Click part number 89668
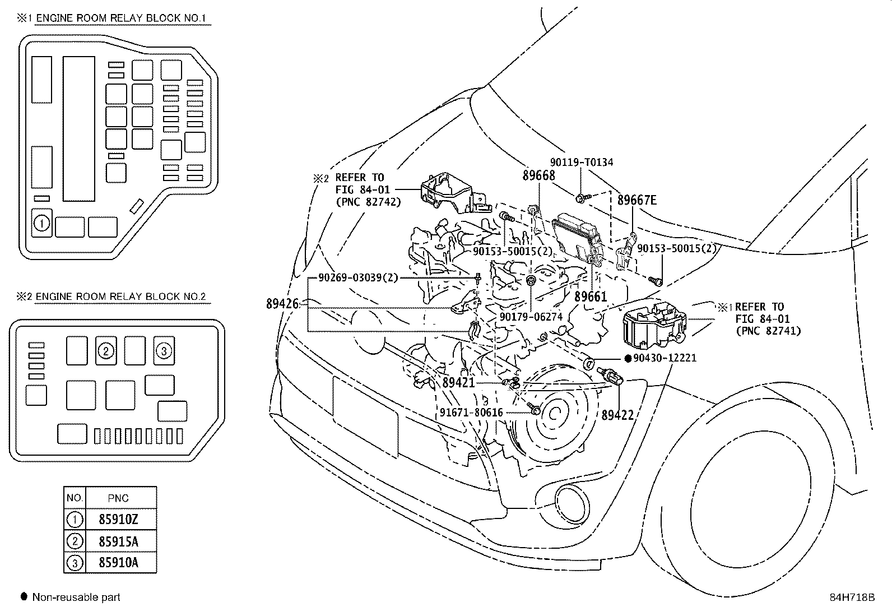pyautogui.click(x=538, y=175)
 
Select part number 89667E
pyautogui.click(x=637, y=200)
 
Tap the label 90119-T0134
pyautogui.click(x=581, y=162)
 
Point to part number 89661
pyautogui.click(x=591, y=297)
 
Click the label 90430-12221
pyautogui.click(x=665, y=358)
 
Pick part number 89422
pyautogui.click(x=617, y=415)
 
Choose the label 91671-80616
pyautogui.click(x=471, y=413)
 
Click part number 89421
pyautogui.click(x=458, y=383)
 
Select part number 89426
pyautogui.click(x=282, y=304)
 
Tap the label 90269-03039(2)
pyautogui.click(x=357, y=277)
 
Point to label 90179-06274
pyautogui.click(x=531, y=317)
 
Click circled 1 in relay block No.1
pyautogui.click(x=42, y=224)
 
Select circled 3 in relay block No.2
pyautogui.click(x=163, y=351)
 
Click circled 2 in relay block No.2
pyautogui.click(x=106, y=351)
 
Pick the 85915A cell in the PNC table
pyautogui.click(x=118, y=541)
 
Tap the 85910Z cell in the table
pyautogui.click(x=118, y=519)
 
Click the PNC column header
pyautogui.click(x=118, y=498)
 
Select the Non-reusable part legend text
pyautogui.click(x=76, y=598)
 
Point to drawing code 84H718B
pyautogui.click(x=852, y=598)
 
